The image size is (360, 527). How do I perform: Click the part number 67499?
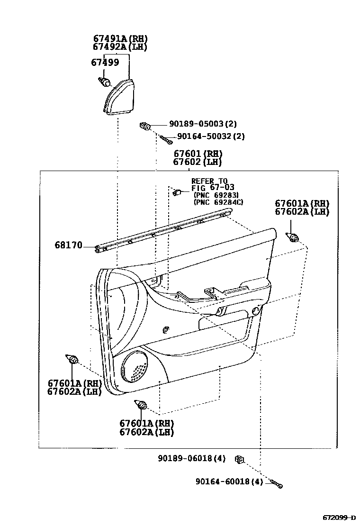tap(105, 62)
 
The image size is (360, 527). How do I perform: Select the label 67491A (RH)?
tap(120, 39)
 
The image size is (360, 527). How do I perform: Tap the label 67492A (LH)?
tap(120, 47)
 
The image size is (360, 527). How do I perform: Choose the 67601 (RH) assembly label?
tap(198, 154)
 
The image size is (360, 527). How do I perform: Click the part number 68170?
tap(68, 245)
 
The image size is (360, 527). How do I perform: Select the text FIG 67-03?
tap(213, 188)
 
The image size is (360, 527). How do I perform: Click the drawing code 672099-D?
tap(339, 517)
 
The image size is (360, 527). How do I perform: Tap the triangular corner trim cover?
tap(120, 97)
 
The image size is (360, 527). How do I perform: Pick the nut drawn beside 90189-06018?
tap(240, 459)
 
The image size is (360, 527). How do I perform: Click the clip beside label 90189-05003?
tap(145, 126)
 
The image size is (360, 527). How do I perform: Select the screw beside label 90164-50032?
tap(165, 138)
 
